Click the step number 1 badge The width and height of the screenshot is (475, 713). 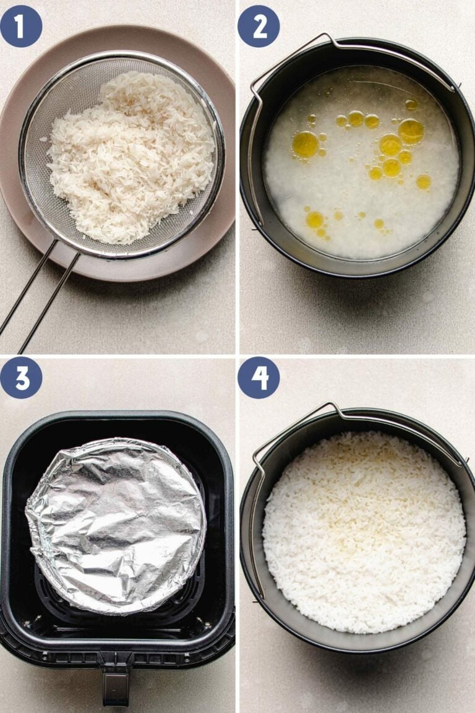(x=21, y=26)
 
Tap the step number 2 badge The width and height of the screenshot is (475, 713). (x=259, y=26)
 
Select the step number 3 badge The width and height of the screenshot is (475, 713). (x=21, y=378)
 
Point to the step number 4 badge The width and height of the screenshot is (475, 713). (x=259, y=378)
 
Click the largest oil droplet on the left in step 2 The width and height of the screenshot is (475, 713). (x=305, y=144)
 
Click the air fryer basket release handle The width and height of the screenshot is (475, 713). (x=116, y=687)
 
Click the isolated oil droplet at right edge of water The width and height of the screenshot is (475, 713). (x=424, y=181)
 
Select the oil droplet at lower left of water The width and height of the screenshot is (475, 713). (x=315, y=220)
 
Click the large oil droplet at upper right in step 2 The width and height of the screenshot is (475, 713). (x=411, y=131)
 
